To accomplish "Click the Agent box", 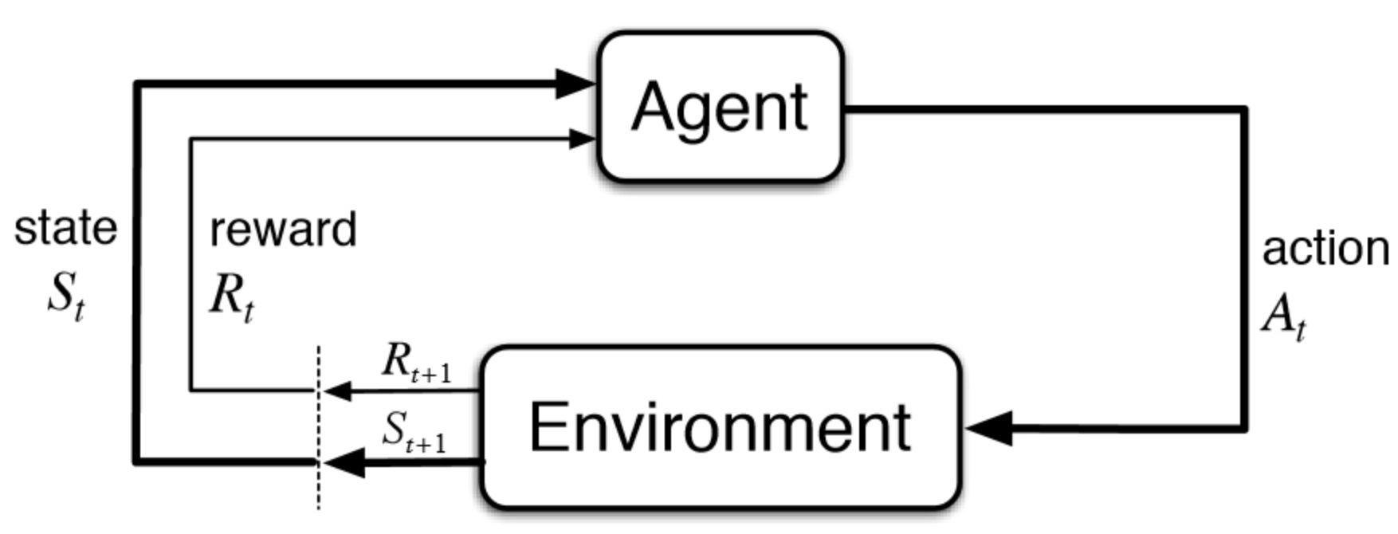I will pyautogui.click(x=721, y=107).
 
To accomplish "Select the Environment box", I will pyautogui.click(x=721, y=427).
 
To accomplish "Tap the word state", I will pyautogui.click(x=66, y=228).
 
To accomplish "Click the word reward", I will pyautogui.click(x=283, y=230).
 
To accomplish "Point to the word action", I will pyautogui.click(x=1325, y=249).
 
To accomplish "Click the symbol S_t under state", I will pyautogui.click(x=65, y=296).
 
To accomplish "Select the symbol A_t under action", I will pyautogui.click(x=1284, y=316).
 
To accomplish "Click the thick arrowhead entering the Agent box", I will pyautogui.click(x=575, y=83).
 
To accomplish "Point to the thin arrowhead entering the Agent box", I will pyautogui.click(x=583, y=139).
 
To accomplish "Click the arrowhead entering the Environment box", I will pyautogui.click(x=989, y=428).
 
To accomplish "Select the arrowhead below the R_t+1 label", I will pyautogui.click(x=338, y=391).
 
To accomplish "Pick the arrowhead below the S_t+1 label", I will pyautogui.click(x=344, y=461).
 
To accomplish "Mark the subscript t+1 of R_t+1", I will pyautogui.click(x=431, y=372).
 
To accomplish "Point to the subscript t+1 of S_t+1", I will pyautogui.click(x=426, y=443).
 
